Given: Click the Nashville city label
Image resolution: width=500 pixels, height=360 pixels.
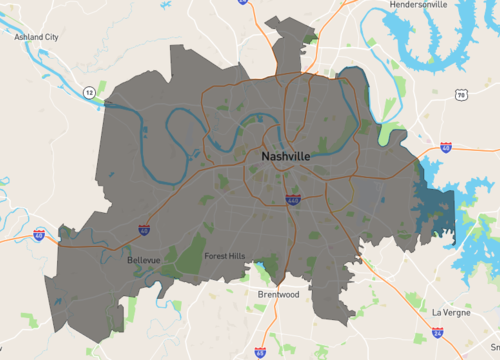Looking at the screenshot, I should [x=285, y=158].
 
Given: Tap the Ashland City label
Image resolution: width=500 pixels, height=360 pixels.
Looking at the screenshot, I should [x=37, y=37].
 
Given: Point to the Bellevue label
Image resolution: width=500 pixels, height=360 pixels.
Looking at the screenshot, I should [x=144, y=260].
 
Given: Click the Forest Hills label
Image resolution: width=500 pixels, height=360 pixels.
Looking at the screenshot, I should [x=224, y=256].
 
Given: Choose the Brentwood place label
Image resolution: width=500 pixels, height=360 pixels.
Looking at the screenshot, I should [x=278, y=295].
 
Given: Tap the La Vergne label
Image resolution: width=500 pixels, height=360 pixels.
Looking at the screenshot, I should [x=450, y=312].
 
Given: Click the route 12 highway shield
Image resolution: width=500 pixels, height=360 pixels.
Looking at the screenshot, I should [x=89, y=92].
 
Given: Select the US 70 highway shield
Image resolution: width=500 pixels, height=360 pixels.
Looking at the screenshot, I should [x=460, y=95].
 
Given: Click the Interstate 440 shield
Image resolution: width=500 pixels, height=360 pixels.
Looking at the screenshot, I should [x=292, y=199].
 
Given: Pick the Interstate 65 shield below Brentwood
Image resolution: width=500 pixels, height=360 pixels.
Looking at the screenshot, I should [x=261, y=352].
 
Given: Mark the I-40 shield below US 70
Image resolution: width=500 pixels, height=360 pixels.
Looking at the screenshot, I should [x=445, y=147].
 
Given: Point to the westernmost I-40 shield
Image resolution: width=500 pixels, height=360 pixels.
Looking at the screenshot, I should [x=39, y=235].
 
